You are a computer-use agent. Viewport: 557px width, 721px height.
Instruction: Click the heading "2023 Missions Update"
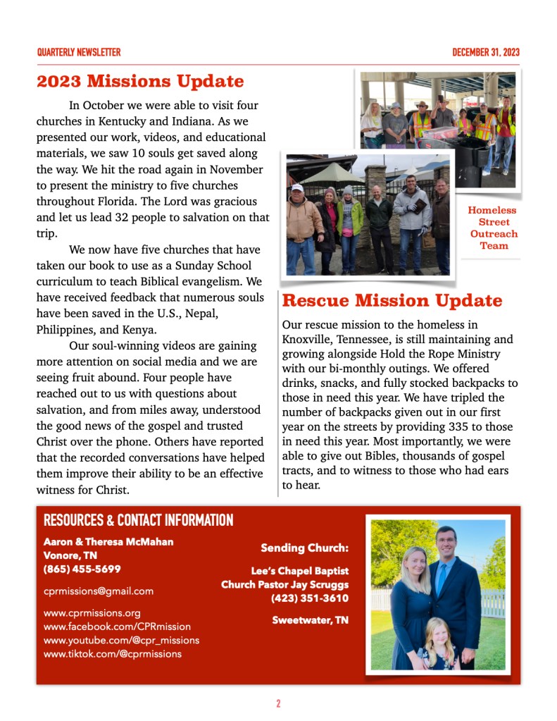coord(140,81)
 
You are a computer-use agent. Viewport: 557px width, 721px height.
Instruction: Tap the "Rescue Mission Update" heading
coord(392,301)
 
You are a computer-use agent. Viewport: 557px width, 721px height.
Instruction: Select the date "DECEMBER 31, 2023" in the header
coord(486,52)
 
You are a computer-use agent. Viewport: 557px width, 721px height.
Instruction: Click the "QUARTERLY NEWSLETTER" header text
coord(78,52)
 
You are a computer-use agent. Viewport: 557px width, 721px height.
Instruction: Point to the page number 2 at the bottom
coord(278,703)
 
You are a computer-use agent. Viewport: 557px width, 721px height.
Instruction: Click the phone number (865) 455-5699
coord(82,569)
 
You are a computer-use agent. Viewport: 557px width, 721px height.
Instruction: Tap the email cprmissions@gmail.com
coord(98,591)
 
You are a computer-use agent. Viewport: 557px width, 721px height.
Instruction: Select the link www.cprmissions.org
coord(92,612)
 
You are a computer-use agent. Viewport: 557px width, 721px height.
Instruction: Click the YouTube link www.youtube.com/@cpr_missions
coord(121,640)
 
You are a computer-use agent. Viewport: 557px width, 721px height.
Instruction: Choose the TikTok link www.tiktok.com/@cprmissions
coord(112,653)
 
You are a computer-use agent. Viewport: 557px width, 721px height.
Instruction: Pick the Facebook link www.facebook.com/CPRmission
coord(117,626)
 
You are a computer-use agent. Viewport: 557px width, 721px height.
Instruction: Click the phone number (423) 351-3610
coord(309,598)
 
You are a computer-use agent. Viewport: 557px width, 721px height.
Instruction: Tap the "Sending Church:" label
coord(304,548)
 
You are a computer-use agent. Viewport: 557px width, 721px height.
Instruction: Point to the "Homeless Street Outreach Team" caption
coord(492,228)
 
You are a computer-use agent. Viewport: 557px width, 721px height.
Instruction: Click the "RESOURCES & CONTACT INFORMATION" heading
coord(138,521)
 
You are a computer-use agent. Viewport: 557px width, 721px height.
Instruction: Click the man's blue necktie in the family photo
coord(442,577)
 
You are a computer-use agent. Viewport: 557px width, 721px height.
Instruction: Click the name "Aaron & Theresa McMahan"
coord(108,541)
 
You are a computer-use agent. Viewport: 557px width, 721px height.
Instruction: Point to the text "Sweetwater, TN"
coord(310,620)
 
